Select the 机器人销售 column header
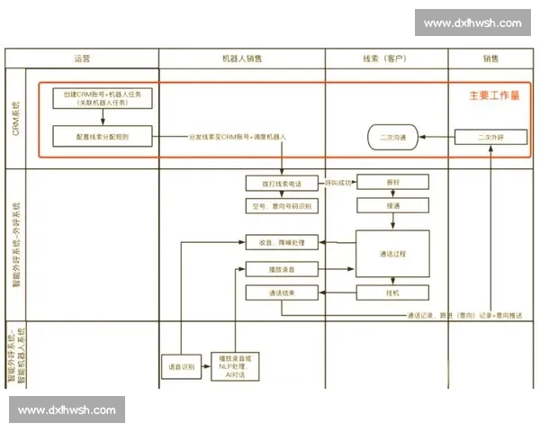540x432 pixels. tap(242, 58)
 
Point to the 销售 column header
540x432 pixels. tap(490, 58)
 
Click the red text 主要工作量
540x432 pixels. tap(494, 94)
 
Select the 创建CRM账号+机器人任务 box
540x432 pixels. tap(103, 98)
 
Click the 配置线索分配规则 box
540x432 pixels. tap(103, 138)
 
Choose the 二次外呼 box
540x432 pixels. tap(490, 138)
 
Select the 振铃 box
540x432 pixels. tap(392, 182)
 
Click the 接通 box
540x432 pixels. tap(392, 205)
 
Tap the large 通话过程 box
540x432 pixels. tap(392, 253)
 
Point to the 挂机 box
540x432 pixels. tap(392, 292)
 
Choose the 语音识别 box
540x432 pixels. tap(182, 367)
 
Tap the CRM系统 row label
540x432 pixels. tap(16, 118)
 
